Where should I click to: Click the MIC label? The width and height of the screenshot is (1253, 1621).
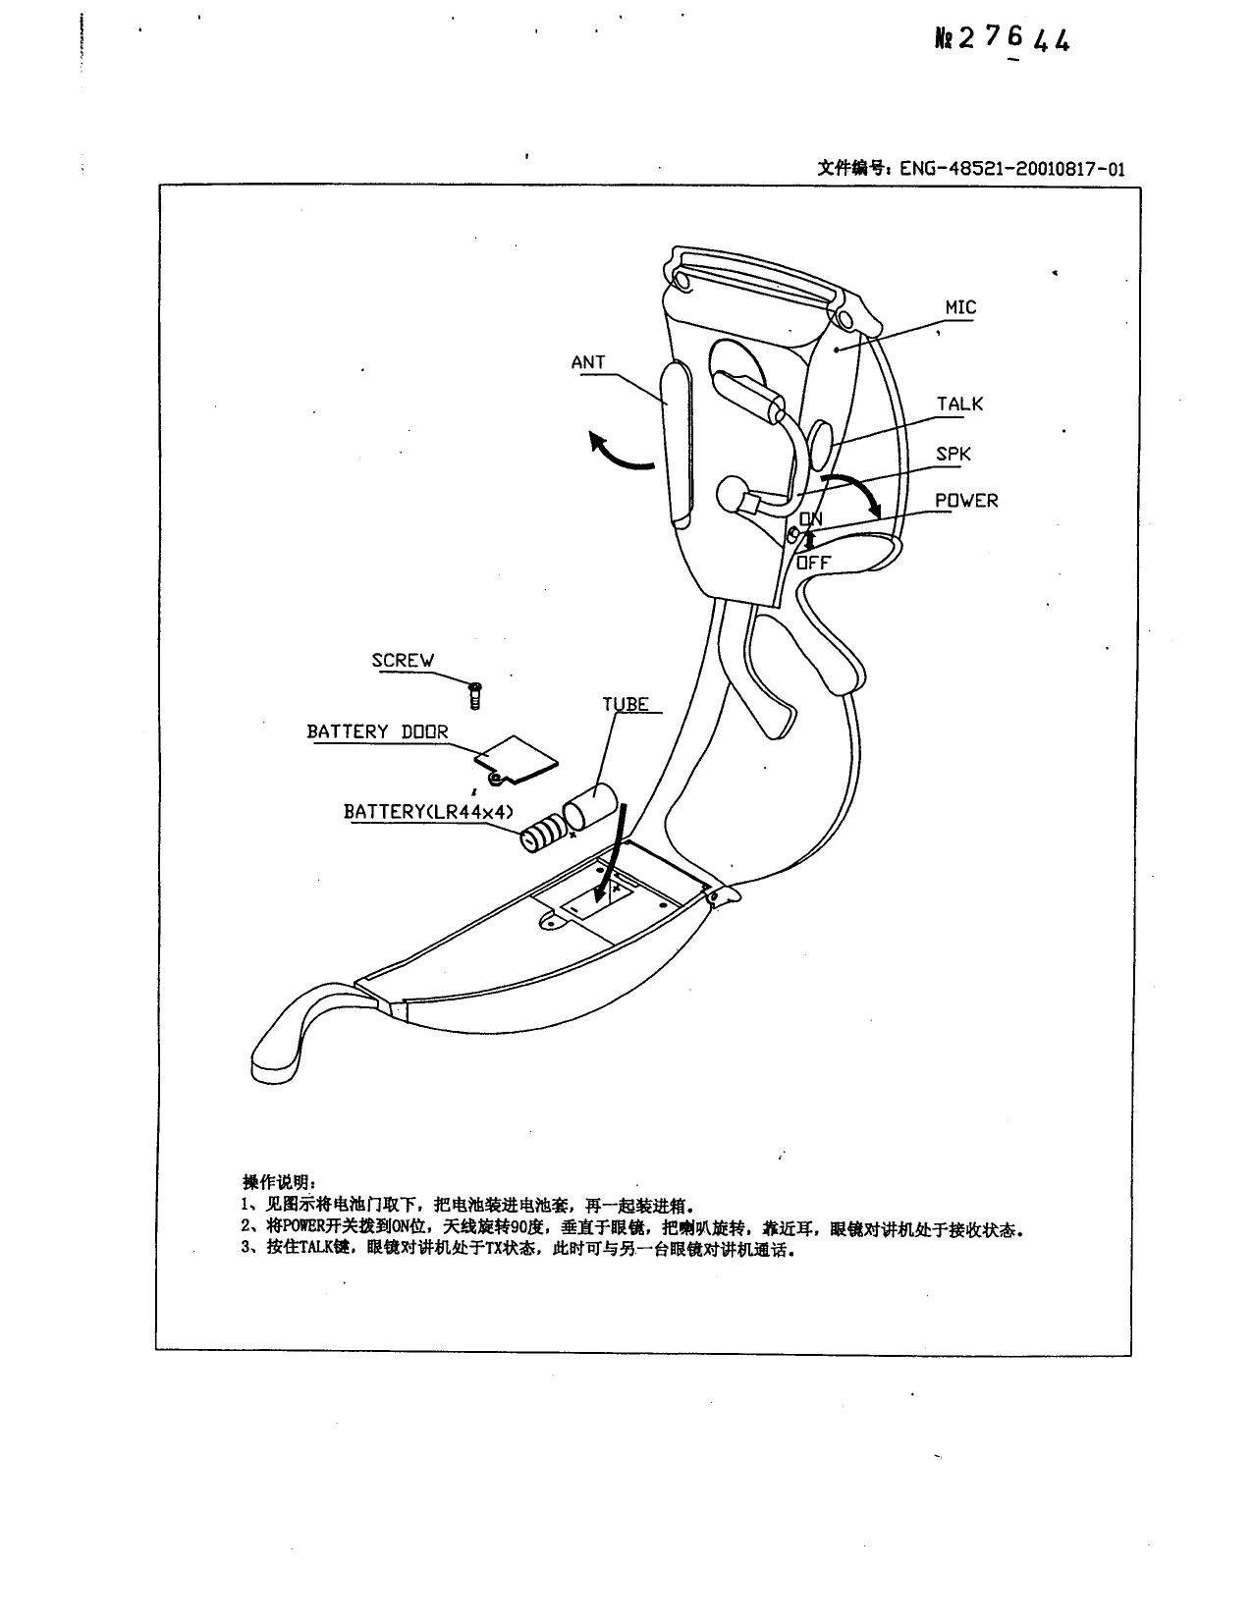(959, 307)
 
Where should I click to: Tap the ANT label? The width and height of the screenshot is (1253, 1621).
(588, 362)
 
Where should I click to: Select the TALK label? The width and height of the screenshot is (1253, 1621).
(958, 405)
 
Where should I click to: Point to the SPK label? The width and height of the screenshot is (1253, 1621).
(953, 455)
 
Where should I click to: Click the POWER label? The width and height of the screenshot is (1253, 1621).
(965, 501)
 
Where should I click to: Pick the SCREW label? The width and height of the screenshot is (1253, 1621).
(403, 661)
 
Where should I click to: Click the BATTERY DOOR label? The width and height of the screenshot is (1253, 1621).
(377, 731)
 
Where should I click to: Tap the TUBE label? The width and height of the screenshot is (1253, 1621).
(626, 704)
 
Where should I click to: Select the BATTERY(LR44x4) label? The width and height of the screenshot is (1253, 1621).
(428, 812)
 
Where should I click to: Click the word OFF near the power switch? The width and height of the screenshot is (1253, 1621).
(812, 563)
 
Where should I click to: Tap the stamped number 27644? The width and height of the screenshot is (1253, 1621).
(1015, 38)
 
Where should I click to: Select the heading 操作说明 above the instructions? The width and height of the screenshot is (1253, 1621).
(279, 1181)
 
